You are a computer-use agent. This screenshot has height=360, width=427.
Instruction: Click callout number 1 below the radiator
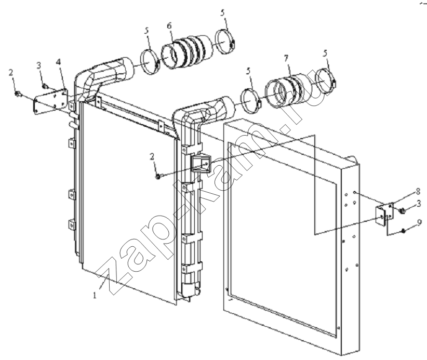[x=95, y=295]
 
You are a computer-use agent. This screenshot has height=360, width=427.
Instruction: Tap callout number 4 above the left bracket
[x=58, y=62]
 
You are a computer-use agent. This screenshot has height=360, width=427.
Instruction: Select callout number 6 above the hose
[x=169, y=26]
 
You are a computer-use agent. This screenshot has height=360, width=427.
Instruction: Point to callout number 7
[x=286, y=58]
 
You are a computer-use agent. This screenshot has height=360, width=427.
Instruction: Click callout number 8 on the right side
[x=418, y=192]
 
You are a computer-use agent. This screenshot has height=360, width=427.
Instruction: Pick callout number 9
[x=419, y=222]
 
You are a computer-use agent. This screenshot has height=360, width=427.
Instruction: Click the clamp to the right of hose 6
[x=225, y=42]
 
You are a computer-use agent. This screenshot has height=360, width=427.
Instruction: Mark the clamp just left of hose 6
[x=150, y=62]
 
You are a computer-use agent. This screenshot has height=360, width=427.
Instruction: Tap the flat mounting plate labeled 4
[x=51, y=101]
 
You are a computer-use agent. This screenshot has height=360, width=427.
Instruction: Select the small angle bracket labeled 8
[x=384, y=214]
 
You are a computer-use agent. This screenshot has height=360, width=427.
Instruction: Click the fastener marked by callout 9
[x=403, y=231]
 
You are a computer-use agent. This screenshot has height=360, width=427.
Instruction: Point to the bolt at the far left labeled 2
[x=18, y=94]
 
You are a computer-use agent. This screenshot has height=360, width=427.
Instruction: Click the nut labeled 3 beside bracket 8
[x=402, y=210]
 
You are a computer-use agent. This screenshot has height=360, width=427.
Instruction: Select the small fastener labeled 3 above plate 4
[x=44, y=87]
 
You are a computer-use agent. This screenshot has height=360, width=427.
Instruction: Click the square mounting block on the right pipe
[x=201, y=164]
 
